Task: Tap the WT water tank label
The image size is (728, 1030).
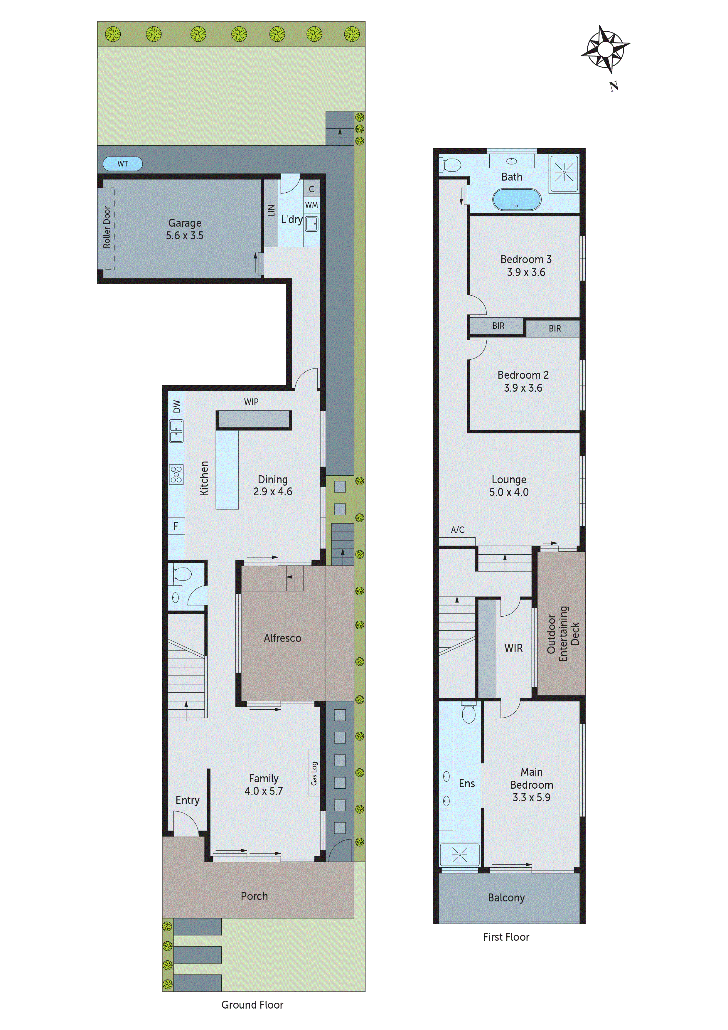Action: pos(122,164)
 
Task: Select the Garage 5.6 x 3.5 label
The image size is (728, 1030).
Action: pos(185,229)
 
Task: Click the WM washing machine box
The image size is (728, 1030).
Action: pos(311,205)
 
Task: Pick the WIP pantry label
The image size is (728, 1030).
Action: pos(251,401)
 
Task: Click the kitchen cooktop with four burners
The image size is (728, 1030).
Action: pos(176,474)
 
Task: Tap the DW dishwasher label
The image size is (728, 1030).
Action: pos(177,406)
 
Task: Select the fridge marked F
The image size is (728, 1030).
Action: pos(176,526)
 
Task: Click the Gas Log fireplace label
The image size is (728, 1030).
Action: pos(314,773)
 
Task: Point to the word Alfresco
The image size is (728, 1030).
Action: pos(283,638)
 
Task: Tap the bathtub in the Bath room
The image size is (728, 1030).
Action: pos(517,200)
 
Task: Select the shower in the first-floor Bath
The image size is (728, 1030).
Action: pos(564,173)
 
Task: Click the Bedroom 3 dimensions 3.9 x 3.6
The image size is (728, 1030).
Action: pos(526,272)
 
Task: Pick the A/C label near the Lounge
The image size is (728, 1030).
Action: pos(458,530)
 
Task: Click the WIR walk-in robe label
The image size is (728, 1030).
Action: pos(514,648)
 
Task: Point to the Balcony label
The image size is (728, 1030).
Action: pos(506,897)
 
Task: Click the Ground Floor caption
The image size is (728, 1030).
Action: pos(252,1004)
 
